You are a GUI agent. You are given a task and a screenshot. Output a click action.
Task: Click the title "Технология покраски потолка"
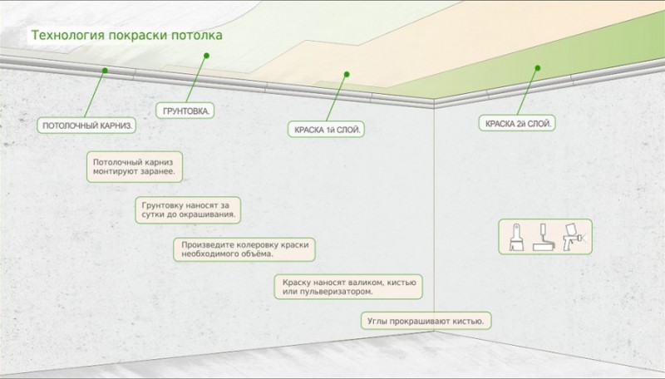(127, 35)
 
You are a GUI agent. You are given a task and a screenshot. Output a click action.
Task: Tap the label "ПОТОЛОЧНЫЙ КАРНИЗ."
(86, 126)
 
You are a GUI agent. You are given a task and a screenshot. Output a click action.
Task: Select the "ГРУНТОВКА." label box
(185, 111)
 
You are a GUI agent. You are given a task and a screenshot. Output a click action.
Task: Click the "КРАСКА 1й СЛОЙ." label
(326, 130)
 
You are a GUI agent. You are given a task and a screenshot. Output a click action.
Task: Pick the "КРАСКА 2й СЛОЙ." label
(517, 124)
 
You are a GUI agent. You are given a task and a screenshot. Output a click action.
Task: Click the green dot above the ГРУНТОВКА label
(206, 56)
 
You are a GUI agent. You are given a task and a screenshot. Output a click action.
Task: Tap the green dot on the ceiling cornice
(105, 71)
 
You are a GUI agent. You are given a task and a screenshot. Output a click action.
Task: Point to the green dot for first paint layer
(347, 75)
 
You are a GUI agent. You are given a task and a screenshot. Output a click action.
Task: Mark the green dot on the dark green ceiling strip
(537, 68)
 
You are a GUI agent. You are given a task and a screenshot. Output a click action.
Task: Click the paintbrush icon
(516, 237)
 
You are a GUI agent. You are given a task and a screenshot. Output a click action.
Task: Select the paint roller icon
(544, 237)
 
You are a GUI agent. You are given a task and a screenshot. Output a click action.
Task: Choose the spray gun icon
(572, 237)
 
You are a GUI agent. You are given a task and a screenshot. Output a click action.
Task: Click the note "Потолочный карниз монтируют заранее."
(135, 167)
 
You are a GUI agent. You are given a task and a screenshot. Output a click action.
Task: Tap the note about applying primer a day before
(188, 209)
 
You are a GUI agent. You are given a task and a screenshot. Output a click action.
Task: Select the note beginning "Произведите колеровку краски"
(244, 249)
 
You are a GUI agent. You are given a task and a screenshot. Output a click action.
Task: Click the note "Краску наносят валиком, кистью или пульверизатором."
(348, 287)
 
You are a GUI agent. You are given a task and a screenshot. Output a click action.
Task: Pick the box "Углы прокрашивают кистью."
(426, 321)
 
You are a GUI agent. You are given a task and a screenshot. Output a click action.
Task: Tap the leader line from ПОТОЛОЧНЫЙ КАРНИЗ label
(95, 94)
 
